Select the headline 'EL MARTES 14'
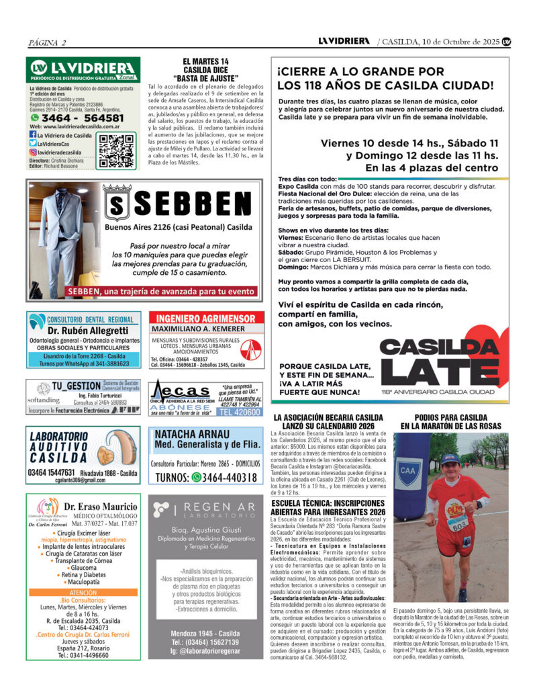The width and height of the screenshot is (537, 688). (x=205, y=61)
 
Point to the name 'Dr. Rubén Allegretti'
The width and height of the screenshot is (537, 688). (x=87, y=331)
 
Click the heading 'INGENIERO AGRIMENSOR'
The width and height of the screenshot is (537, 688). (x=206, y=318)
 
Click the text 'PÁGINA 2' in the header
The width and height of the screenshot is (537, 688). (x=46, y=43)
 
